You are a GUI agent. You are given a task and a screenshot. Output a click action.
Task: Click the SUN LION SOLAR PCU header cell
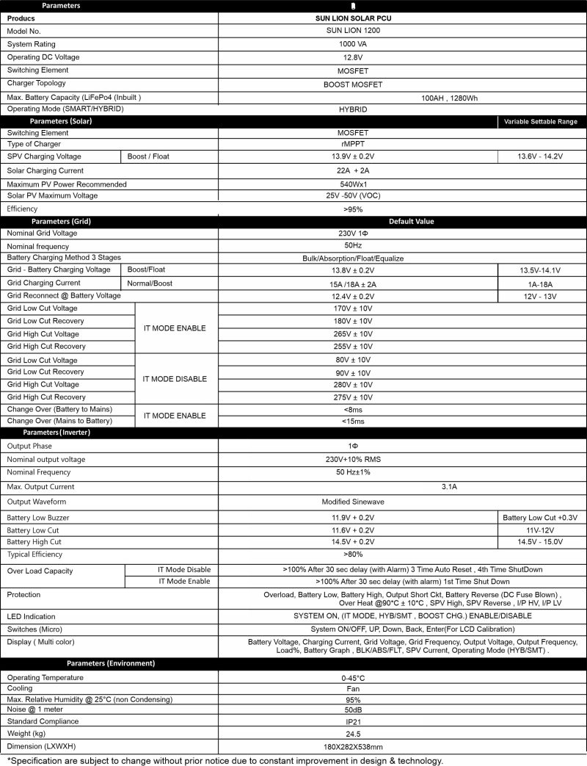pyautogui.click(x=353, y=18)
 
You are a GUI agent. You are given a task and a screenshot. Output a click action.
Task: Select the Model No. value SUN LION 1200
pyautogui.click(x=353, y=31)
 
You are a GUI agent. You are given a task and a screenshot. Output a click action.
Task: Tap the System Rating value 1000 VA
pyautogui.click(x=353, y=44)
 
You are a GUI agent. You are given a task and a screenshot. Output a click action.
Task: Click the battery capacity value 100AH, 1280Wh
pyautogui.click(x=450, y=98)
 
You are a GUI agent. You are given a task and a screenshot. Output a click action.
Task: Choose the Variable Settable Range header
pyautogui.click(x=542, y=121)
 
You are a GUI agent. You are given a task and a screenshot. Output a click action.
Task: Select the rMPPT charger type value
pyautogui.click(x=353, y=144)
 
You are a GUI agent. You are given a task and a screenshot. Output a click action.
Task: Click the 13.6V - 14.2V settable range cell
pyautogui.click(x=542, y=156)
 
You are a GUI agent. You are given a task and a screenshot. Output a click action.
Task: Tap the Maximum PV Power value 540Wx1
pyautogui.click(x=353, y=184)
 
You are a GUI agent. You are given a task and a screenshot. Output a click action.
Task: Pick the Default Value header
pyautogui.click(x=412, y=221)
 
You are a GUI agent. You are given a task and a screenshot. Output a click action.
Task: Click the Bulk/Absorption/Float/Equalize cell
pyautogui.click(x=353, y=259)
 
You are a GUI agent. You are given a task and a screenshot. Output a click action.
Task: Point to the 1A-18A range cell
pyautogui.click(x=542, y=283)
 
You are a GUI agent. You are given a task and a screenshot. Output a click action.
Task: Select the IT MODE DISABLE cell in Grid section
pyautogui.click(x=175, y=379)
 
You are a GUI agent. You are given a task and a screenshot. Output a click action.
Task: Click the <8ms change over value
pyautogui.click(x=353, y=409)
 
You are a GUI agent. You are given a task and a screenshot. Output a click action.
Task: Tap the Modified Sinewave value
pyautogui.click(x=353, y=502)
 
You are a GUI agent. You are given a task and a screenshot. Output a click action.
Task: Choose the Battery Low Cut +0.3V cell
pyautogui.click(x=542, y=518)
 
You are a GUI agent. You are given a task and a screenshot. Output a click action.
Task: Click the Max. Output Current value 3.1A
pyautogui.click(x=450, y=487)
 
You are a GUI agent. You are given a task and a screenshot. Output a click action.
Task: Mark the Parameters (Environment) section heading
pyautogui.click(x=111, y=663)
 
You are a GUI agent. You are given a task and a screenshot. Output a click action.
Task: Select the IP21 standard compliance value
pyautogui.click(x=353, y=722)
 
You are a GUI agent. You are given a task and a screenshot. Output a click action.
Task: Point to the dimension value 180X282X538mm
pyautogui.click(x=353, y=746)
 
